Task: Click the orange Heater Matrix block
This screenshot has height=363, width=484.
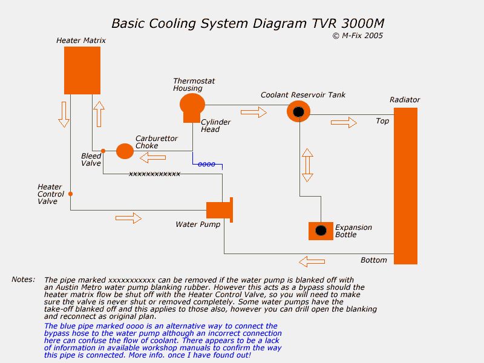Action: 82,70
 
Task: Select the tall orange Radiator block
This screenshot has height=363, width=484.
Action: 405,186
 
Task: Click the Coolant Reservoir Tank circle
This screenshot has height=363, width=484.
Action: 298,111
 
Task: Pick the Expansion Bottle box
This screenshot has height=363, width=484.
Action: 321,231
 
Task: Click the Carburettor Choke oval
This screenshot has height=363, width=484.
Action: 125,151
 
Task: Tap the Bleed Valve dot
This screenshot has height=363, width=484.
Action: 103,151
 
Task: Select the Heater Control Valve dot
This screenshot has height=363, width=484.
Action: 71,194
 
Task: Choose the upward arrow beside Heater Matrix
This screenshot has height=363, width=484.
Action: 99,113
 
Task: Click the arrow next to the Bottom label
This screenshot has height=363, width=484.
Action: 312,261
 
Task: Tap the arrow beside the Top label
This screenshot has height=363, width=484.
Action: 344,122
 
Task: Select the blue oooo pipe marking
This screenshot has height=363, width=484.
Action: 206,164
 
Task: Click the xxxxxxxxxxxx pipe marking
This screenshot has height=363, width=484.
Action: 154,174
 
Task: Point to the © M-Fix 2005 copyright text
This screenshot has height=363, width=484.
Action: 358,36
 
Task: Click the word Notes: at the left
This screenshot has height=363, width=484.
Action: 24,280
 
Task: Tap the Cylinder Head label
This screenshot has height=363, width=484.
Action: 215,126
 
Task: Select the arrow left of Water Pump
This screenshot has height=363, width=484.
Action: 128,218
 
